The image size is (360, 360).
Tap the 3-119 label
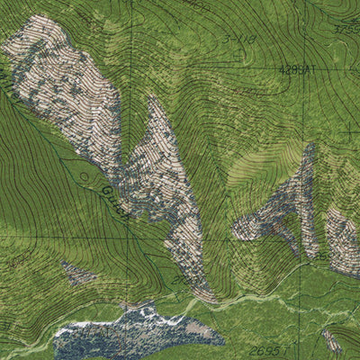tap(238, 40)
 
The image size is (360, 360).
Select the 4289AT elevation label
tap(296, 67)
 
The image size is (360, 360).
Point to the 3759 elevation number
tap(346, 30)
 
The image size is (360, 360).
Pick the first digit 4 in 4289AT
tap(281, 67)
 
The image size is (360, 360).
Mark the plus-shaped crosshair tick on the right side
tap(349, 130)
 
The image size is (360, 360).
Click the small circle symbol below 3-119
tap(237, 56)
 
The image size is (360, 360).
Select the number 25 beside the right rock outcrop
tap(321, 257)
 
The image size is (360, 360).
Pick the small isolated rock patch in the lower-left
tap(78, 272)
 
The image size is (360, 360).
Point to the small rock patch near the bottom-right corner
tap(331, 340)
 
